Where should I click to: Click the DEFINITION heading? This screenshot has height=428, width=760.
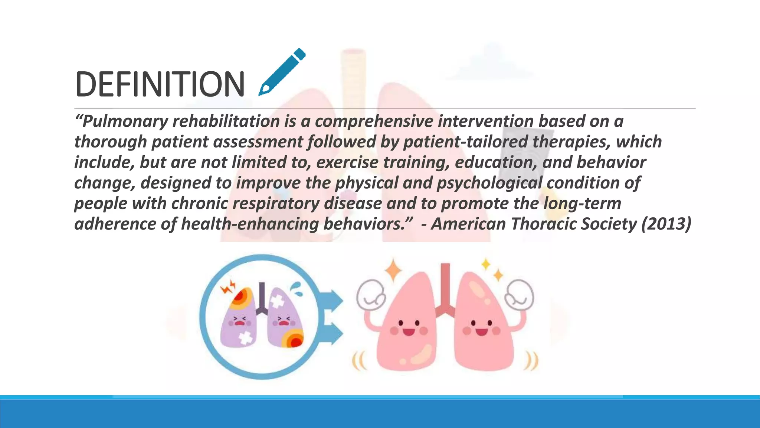[160, 84]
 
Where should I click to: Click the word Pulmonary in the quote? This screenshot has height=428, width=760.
[125, 121]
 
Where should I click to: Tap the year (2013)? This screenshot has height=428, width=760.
[666, 224]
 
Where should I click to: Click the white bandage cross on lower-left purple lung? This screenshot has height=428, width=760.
[245, 338]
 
